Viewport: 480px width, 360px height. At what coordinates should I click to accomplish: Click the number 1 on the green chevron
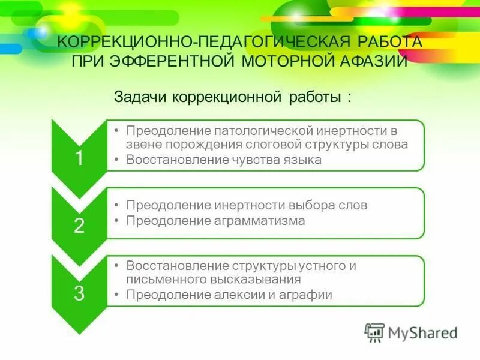pyautogui.click(x=79, y=158)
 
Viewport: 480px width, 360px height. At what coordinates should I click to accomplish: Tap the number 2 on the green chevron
pyautogui.click(x=79, y=226)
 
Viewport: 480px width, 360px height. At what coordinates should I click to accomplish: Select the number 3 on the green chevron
pyautogui.click(x=79, y=293)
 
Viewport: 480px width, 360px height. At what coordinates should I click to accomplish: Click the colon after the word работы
pyautogui.click(x=349, y=97)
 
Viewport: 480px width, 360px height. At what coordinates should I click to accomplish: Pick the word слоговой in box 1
pyautogui.click(x=275, y=145)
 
